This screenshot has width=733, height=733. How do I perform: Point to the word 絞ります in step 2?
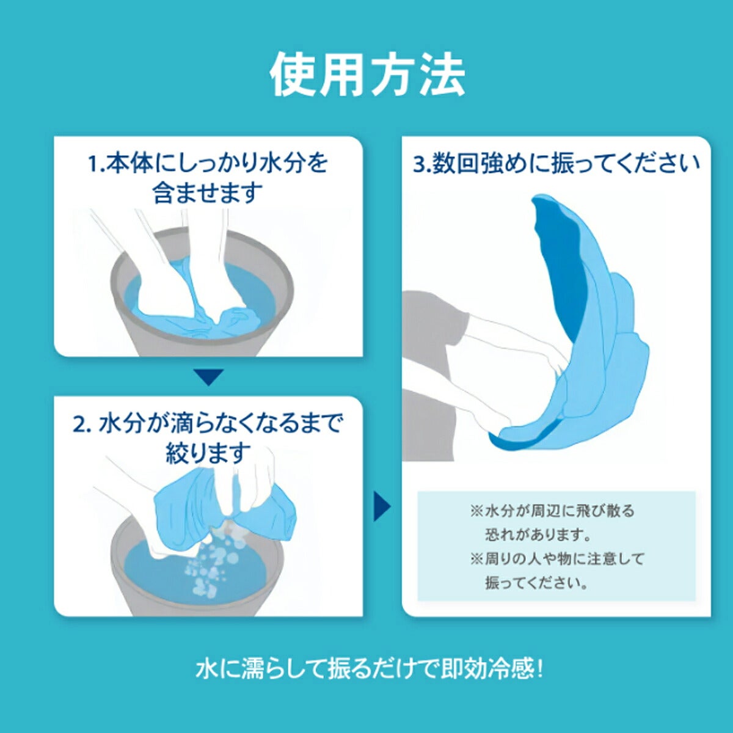208,453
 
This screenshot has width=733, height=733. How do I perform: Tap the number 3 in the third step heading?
420,165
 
